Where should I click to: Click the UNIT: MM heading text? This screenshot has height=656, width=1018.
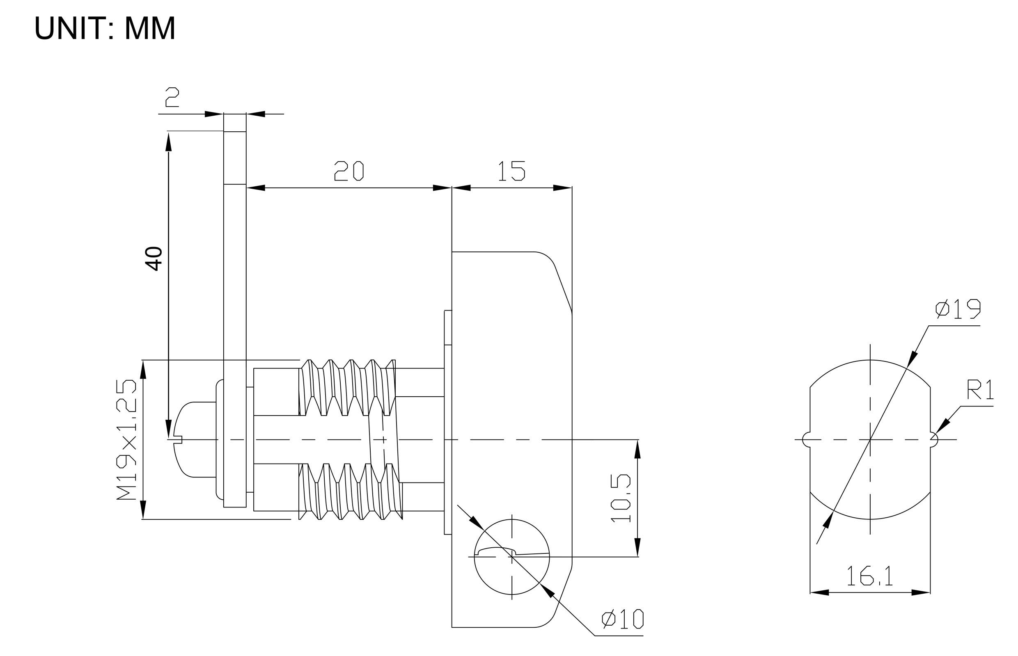tap(104, 29)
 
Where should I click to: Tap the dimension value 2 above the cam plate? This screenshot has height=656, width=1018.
tap(172, 97)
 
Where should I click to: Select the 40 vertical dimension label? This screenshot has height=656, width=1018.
tap(154, 258)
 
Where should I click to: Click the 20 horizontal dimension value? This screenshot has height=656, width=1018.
tap(349, 171)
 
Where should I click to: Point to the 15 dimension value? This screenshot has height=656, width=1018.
tap(511, 171)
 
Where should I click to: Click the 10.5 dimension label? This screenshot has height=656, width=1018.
tap(620, 498)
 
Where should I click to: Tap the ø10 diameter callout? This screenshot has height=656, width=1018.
tap(623, 619)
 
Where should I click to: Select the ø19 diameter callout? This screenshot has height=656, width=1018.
tap(958, 309)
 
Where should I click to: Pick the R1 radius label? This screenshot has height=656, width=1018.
tap(980, 390)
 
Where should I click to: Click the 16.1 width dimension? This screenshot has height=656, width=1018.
tap(869, 576)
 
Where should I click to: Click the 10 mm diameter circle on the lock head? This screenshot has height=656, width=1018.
tap(512, 557)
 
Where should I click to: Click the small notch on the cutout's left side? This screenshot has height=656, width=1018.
tap(806, 440)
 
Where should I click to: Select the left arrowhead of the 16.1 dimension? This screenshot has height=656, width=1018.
tap(819, 592)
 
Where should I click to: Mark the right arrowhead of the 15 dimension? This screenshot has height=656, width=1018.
tap(562, 188)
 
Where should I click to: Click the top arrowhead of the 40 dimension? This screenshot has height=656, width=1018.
tap(168, 142)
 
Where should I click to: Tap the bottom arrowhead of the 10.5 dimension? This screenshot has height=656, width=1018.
tap(637, 547)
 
